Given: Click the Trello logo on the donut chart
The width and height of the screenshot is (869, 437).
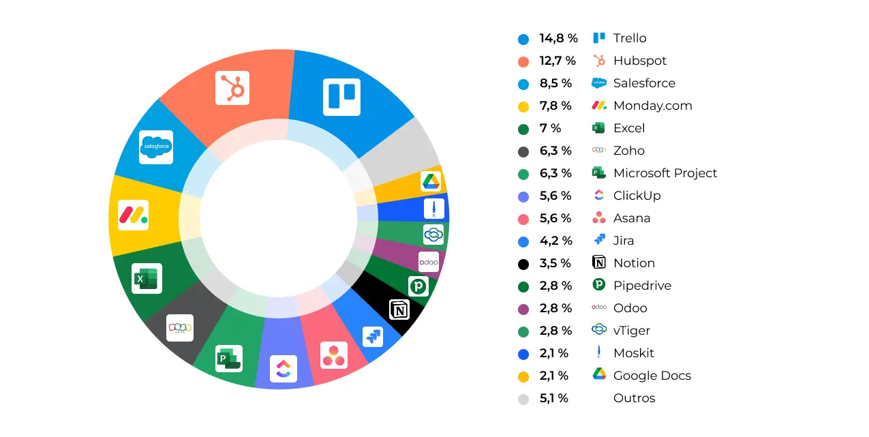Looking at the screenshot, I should pyautogui.click(x=341, y=96).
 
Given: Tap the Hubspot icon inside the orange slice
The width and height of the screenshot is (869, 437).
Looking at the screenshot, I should pyautogui.click(x=232, y=88).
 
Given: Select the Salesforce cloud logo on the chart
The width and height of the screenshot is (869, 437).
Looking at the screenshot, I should pyautogui.click(x=156, y=147).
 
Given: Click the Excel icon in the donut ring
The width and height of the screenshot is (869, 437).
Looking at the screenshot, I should pyautogui.click(x=147, y=278).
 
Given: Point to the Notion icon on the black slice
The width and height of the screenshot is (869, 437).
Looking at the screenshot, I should pyautogui.click(x=399, y=310).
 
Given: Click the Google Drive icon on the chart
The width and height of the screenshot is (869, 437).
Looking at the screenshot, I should pyautogui.click(x=431, y=181).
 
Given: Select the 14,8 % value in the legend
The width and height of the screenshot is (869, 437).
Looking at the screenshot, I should pyautogui.click(x=558, y=38).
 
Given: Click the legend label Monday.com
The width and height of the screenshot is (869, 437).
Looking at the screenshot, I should pyautogui.click(x=652, y=106).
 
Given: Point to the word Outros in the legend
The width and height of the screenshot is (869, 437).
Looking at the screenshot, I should pyautogui.click(x=634, y=398).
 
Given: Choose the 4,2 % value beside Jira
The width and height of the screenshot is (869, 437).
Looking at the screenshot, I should pyautogui.click(x=555, y=241).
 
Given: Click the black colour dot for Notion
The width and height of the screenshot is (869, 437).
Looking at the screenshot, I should pyautogui.click(x=523, y=264).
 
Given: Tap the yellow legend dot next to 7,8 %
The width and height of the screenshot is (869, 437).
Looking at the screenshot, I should pyautogui.click(x=523, y=106).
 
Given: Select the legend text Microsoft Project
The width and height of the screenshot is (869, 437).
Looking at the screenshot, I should pyautogui.click(x=665, y=173).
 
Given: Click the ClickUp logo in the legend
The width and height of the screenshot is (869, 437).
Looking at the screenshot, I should pyautogui.click(x=599, y=196).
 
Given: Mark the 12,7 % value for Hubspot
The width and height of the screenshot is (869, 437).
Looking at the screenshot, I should pyautogui.click(x=558, y=61).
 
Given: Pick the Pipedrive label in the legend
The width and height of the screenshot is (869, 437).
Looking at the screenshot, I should pyautogui.click(x=642, y=286).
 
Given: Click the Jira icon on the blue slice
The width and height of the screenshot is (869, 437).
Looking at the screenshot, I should pyautogui.click(x=373, y=336).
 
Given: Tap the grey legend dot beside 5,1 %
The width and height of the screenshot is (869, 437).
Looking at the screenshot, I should pyautogui.click(x=523, y=399).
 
